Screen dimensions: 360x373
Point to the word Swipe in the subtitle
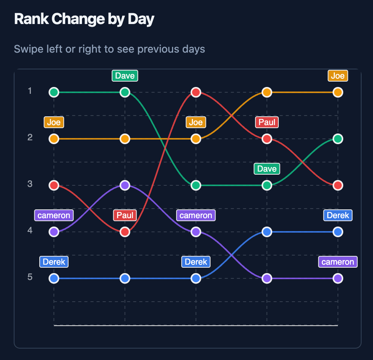[x=27, y=49]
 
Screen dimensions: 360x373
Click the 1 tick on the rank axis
[x=30, y=91]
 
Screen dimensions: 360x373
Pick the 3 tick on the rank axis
[x=30, y=184]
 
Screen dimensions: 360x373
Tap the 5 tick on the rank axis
[x=30, y=277]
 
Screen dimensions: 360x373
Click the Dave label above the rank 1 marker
[x=125, y=76]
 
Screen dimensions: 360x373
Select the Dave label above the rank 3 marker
[x=267, y=169]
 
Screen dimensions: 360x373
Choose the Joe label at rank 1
[x=338, y=76]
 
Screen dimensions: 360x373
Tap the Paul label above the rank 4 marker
[x=125, y=215]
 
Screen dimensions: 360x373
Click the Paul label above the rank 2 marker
[x=267, y=122]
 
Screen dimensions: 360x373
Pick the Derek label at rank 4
[x=338, y=215]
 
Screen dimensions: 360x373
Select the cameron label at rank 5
[x=338, y=262]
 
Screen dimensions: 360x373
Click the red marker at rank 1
[x=196, y=92]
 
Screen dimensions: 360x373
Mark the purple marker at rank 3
[x=125, y=185]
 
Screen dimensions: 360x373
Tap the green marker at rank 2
[x=338, y=139]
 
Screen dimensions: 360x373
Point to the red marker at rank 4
[x=125, y=232]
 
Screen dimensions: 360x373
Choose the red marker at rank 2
[x=267, y=139]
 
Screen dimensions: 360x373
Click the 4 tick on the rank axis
[x=30, y=231]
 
